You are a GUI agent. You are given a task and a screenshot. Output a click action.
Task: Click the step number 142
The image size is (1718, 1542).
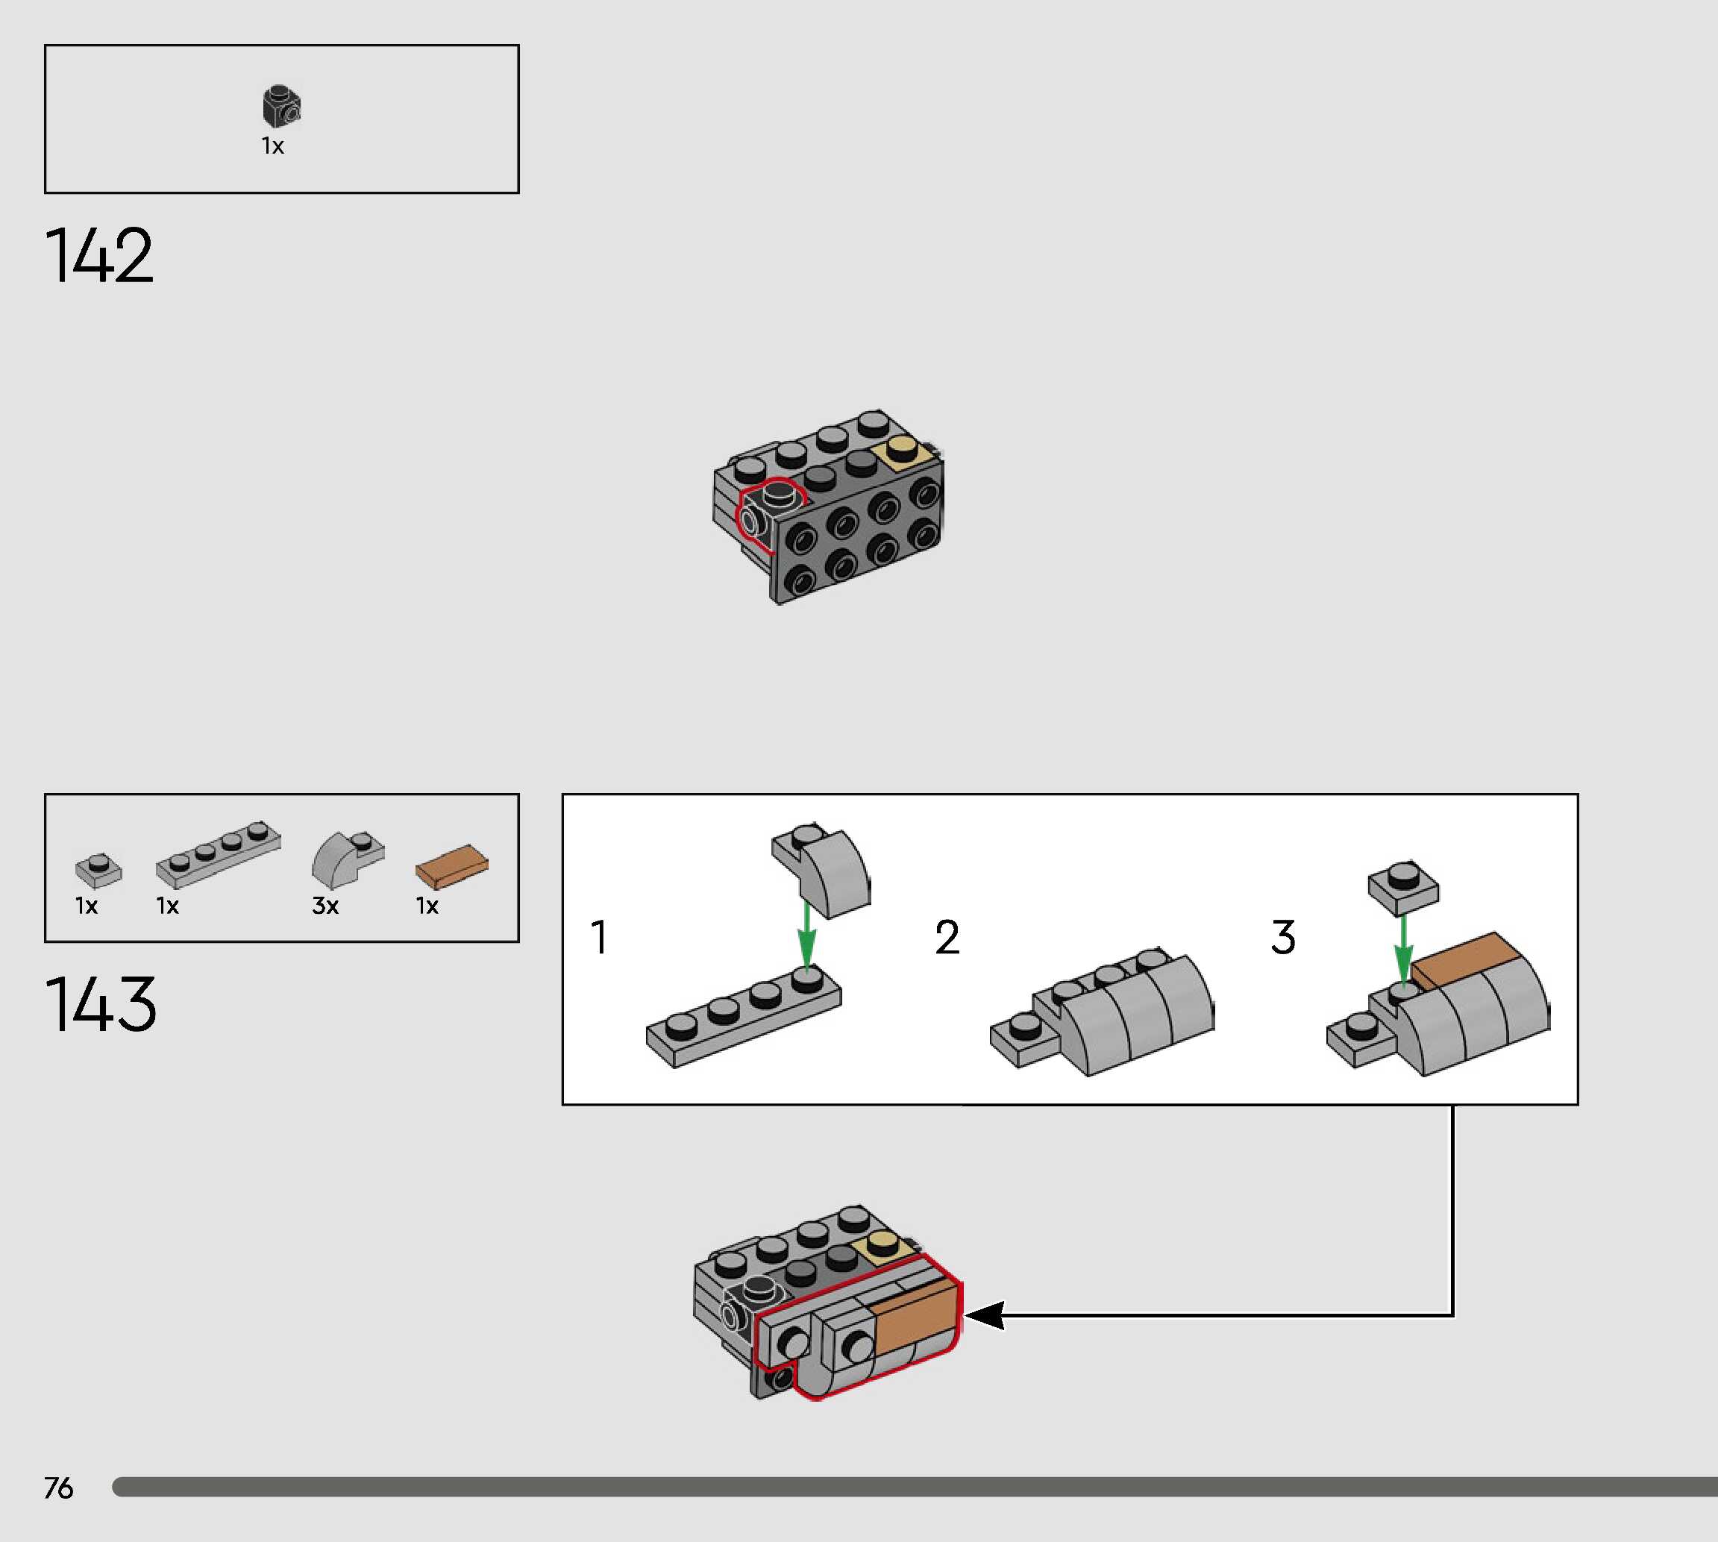pos(99,255)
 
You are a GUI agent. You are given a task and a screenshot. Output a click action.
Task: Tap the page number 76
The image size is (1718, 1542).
pos(58,1488)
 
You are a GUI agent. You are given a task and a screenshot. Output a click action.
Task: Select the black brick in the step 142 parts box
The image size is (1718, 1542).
pos(281,106)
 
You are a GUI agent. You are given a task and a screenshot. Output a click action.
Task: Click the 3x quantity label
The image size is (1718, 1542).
pos(325,906)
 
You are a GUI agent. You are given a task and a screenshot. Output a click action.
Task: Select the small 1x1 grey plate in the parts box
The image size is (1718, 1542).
pos(98,869)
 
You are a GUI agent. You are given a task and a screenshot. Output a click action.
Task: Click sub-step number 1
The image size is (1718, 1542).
pos(599,937)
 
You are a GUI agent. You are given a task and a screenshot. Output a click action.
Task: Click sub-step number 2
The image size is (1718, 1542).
pos(947,937)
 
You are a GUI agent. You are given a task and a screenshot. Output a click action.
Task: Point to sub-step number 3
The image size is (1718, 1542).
pos(1282,937)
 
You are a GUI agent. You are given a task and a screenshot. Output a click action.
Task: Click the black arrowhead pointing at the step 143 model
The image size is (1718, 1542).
pos(985,1315)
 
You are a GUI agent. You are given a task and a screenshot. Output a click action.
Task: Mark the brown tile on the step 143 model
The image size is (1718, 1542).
pos(915,1316)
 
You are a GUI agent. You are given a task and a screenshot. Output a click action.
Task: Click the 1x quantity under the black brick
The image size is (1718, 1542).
pos(273,146)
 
